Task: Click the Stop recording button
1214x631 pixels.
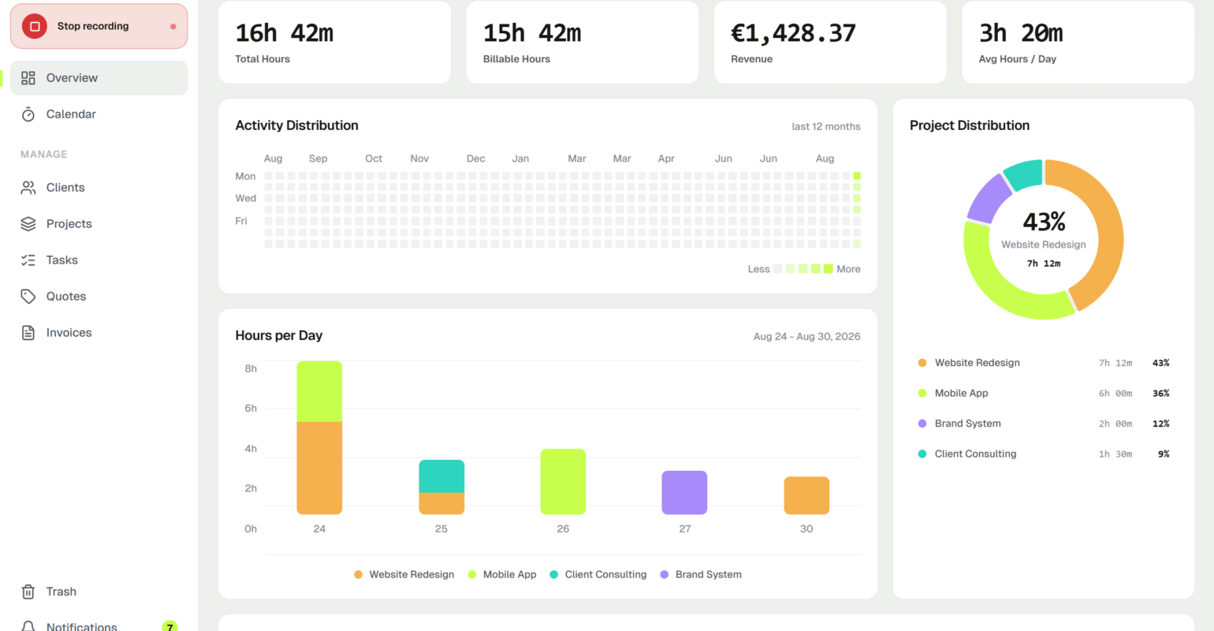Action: coord(99,26)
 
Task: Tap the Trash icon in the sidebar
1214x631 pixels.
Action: coord(28,592)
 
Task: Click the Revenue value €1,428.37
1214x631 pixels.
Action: coord(793,33)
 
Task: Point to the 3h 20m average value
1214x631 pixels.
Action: coord(1021,33)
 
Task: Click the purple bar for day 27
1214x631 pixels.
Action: coord(684,492)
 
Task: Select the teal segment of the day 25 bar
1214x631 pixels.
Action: coord(441,476)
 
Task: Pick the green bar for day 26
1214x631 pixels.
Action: coord(563,481)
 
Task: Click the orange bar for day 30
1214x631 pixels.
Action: coord(806,495)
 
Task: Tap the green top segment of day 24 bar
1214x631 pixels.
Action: coord(319,391)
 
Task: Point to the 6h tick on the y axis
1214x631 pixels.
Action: coord(251,409)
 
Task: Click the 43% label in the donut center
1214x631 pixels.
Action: coord(1044,222)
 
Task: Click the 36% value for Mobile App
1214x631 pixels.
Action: coord(1161,393)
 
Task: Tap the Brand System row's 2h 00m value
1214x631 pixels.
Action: coord(1115,424)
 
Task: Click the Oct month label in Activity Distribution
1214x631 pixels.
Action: coord(374,159)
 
